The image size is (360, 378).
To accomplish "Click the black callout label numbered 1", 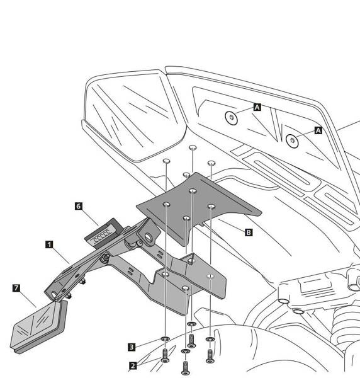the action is click(49, 244).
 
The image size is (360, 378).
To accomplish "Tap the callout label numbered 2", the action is click(133, 366).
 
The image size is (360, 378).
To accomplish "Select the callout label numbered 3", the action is click(132, 347).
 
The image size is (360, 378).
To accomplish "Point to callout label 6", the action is click(79, 207).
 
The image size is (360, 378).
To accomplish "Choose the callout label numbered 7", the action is click(16, 288).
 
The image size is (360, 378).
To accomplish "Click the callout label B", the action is click(249, 232).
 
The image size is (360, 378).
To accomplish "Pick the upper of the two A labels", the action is click(257, 107).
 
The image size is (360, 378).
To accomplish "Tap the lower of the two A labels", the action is click(318, 130).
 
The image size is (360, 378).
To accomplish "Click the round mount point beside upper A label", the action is click(231, 118).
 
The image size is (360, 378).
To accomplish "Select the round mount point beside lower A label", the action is click(292, 140).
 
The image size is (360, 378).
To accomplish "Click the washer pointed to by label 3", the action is click(165, 339).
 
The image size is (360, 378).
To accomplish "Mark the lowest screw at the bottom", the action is click(185, 368).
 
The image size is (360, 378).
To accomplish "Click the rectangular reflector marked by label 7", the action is click(38, 326).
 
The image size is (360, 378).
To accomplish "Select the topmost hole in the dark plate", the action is click(193, 191).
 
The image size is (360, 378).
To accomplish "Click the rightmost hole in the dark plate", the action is click(211, 207).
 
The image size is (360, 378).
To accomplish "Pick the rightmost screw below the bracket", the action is click(210, 356).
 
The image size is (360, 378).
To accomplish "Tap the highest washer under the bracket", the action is click(191, 324).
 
